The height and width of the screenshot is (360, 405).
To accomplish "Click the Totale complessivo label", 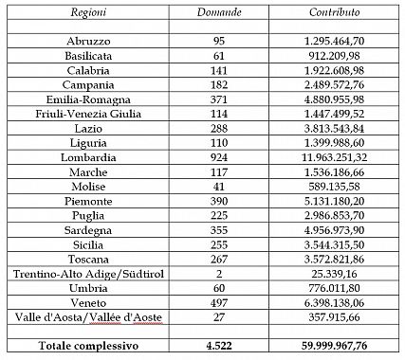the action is point(87,346).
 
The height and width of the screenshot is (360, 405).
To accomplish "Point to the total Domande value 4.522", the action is point(219,346).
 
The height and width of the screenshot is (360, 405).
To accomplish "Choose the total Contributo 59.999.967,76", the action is point(334,346).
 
